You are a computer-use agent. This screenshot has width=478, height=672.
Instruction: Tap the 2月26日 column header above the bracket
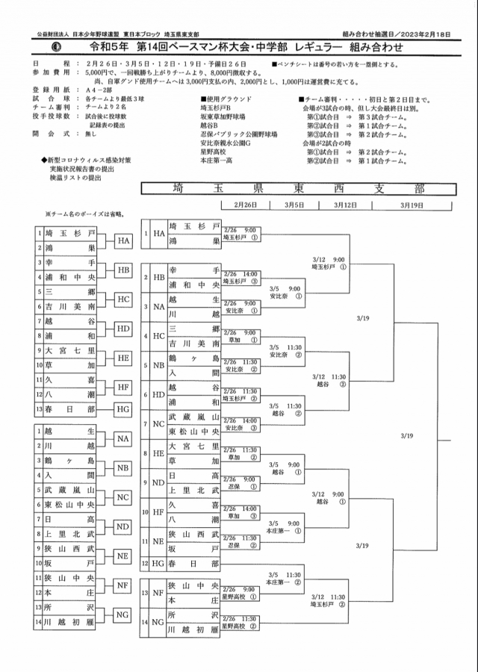click(x=244, y=204)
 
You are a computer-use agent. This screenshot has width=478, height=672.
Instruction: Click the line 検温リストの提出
click(x=76, y=178)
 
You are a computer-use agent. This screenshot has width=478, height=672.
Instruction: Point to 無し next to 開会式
click(x=92, y=134)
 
